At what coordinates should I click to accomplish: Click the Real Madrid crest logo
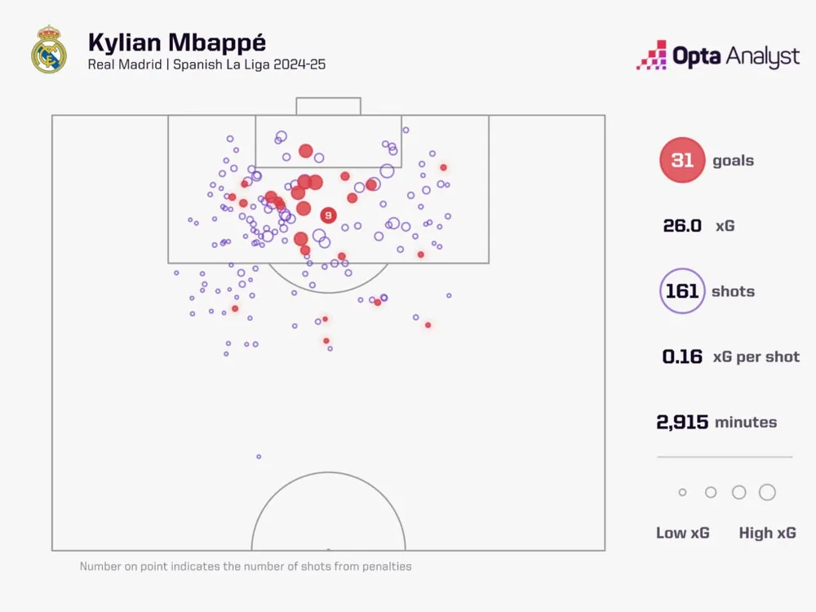[48, 51]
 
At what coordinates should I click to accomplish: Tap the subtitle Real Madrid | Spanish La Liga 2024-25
[206, 64]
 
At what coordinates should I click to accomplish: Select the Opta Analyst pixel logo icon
[652, 55]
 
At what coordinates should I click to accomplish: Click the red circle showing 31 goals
[682, 161]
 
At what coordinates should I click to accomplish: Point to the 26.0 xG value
[682, 226]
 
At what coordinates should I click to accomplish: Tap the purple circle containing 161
[682, 291]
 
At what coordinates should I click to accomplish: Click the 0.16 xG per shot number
[682, 357]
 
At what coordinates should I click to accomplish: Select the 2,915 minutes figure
[682, 422]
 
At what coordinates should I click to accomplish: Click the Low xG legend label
[683, 533]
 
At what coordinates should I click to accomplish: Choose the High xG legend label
[767, 533]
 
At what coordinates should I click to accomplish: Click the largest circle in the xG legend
[767, 492]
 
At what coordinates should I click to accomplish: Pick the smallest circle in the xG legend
[682, 492]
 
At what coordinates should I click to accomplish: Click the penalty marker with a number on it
[328, 215]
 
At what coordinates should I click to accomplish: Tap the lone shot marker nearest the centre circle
[259, 456]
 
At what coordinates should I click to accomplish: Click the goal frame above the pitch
[328, 105]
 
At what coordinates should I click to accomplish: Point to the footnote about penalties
[246, 566]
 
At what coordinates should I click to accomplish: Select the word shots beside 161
[733, 291]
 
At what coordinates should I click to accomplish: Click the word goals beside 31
[733, 161]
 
